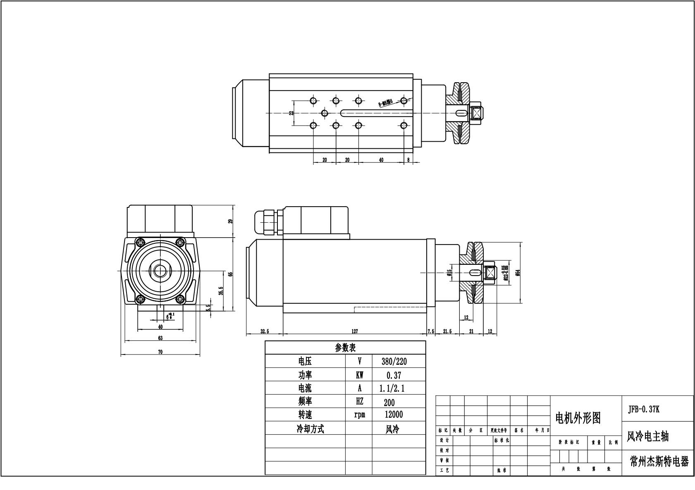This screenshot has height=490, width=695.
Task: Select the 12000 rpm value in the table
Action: pos(393,414)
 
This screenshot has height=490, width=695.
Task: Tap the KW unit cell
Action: pos(359,375)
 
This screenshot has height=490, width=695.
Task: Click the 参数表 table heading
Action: pos(345,347)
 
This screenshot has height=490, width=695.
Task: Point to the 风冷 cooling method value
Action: pos(392,429)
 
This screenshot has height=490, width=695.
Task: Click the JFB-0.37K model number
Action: pos(644,409)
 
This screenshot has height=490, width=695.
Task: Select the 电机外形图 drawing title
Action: pos(577,418)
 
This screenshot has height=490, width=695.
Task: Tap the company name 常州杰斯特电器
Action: pos(659,461)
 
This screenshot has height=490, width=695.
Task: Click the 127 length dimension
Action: pos(354,331)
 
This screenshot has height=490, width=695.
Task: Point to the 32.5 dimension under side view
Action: pos(265,331)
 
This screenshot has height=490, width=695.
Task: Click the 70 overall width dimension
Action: pos(160,352)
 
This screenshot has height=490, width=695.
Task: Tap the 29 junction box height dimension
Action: pos(231,221)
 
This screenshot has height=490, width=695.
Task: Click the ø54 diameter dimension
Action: pos(517,272)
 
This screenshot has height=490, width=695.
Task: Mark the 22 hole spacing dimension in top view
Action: pos(291,113)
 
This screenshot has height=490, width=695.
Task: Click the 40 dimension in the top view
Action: pos(381,160)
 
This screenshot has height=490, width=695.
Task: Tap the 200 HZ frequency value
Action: pos(389,402)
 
